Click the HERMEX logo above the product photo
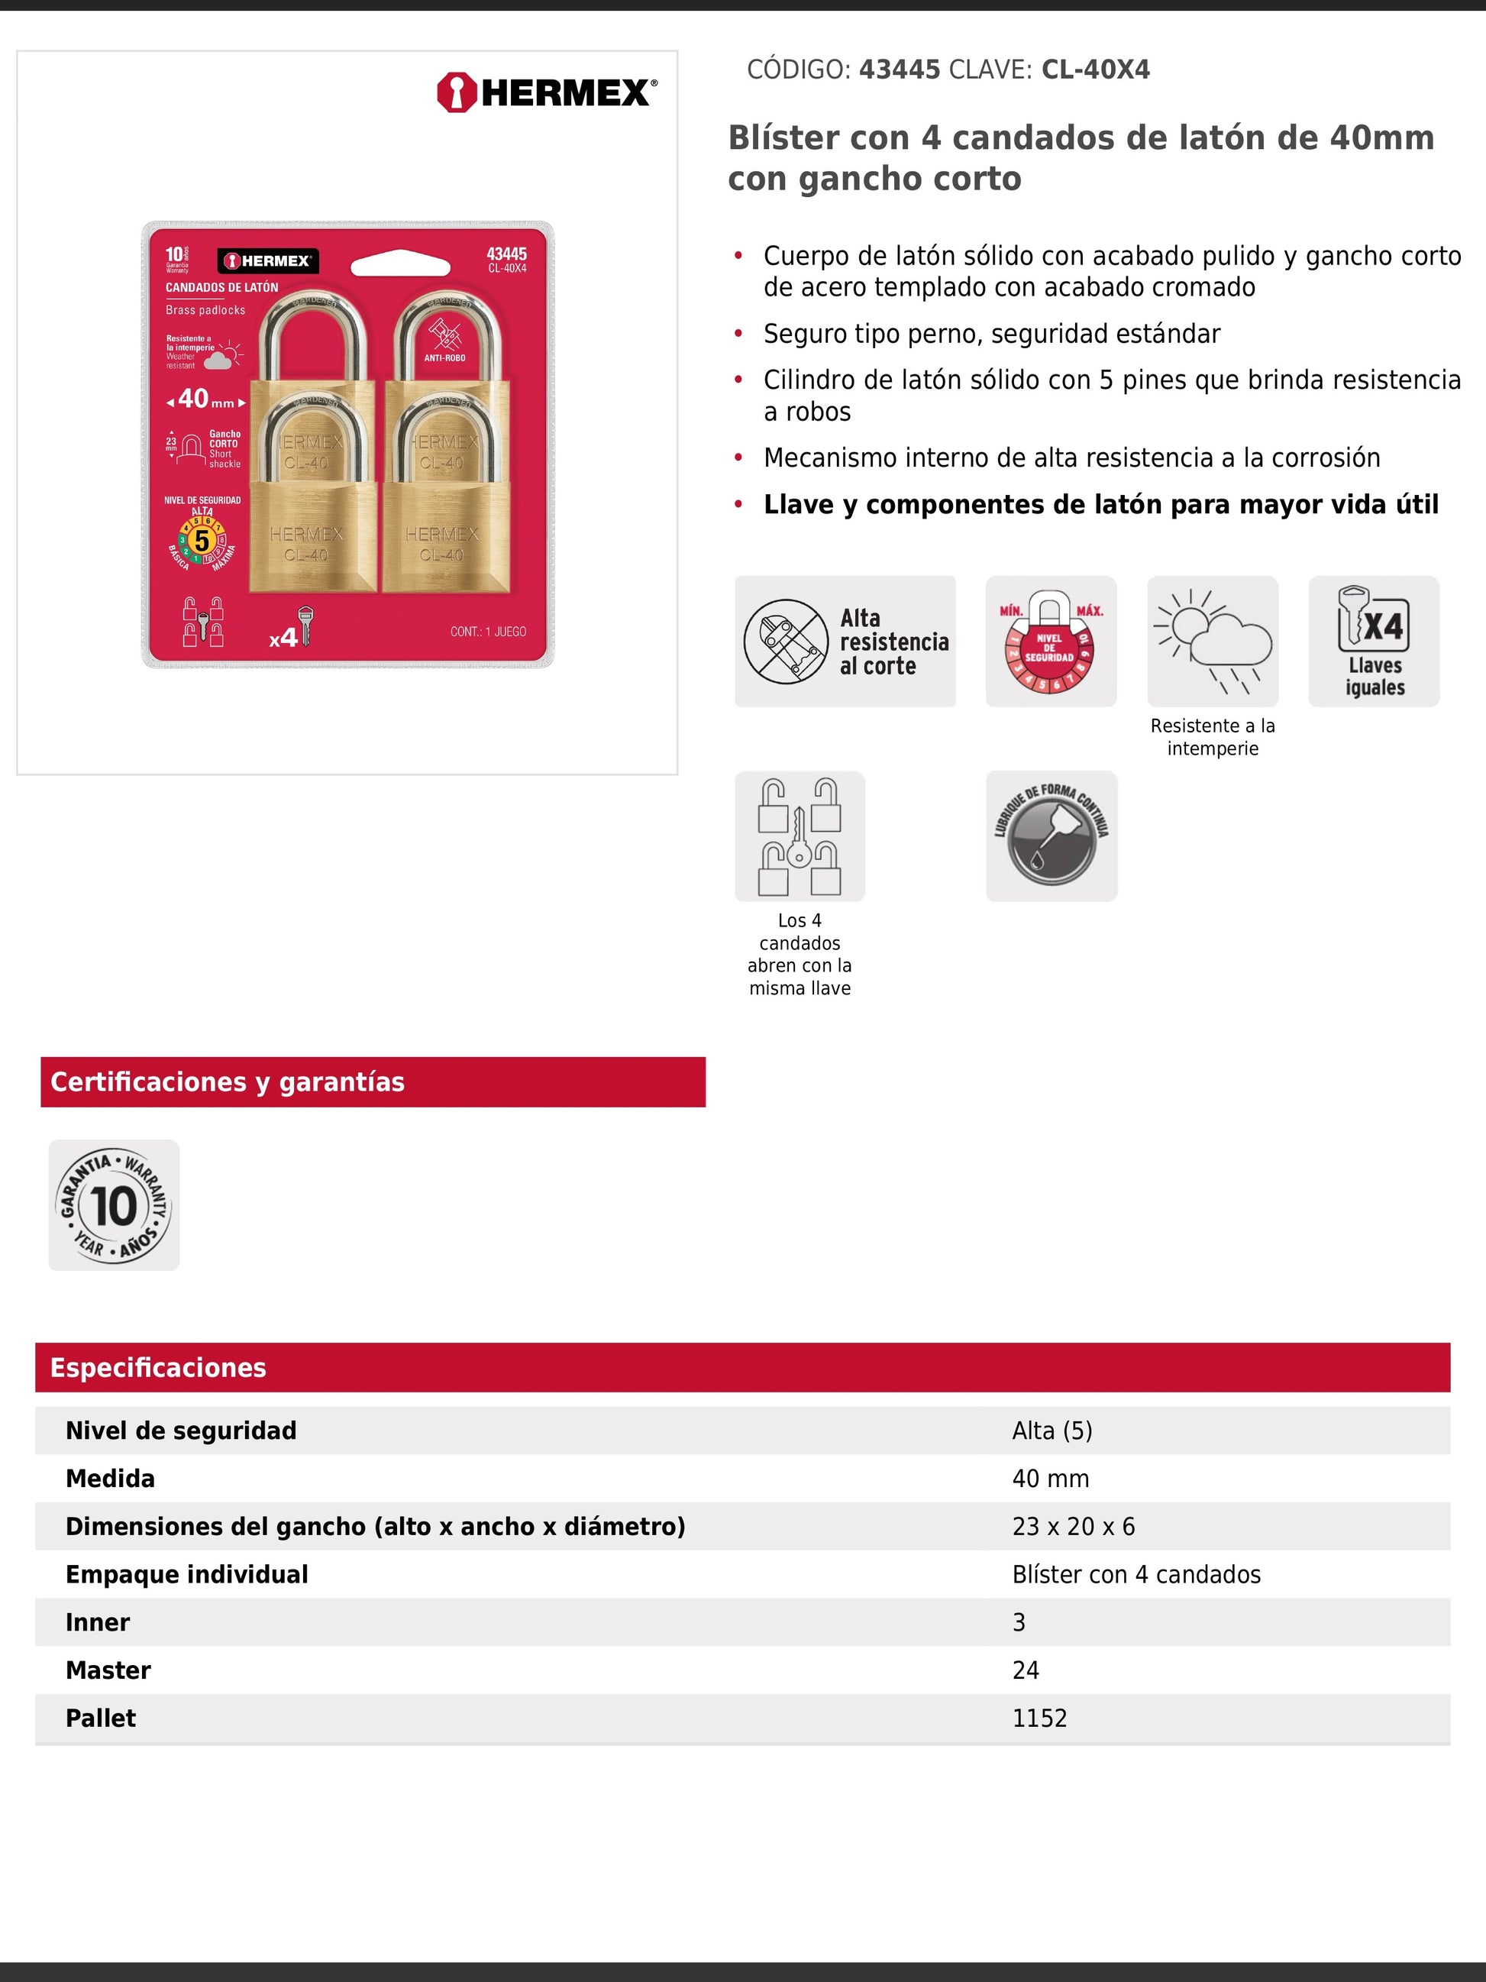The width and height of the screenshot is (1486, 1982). tap(547, 92)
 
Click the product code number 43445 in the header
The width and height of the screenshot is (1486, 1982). tap(900, 70)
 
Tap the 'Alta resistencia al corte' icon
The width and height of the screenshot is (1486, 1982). tap(845, 642)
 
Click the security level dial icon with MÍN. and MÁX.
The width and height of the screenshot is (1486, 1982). tap(1051, 642)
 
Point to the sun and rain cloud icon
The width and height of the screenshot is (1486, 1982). tap(1212, 642)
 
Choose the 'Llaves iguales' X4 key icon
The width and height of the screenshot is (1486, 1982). tap(1373, 642)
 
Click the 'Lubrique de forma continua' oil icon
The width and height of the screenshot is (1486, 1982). tap(1052, 836)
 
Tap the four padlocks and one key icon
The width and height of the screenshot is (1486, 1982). tap(800, 836)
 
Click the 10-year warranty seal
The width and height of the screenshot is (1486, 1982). tap(114, 1205)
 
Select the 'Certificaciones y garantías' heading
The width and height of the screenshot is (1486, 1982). tap(228, 1082)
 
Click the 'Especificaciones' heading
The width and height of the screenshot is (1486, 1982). tap(159, 1368)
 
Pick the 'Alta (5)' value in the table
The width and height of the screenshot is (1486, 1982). tap(1052, 1431)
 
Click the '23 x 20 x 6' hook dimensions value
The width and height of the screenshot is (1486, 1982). tap(1073, 1527)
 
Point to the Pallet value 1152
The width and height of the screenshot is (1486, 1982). tap(1039, 1718)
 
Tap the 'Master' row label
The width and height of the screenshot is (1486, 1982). tap(108, 1670)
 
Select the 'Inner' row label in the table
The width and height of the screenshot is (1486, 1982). tap(98, 1623)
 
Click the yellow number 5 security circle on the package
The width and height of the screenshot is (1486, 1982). tap(202, 540)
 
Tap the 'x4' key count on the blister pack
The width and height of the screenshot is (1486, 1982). tap(285, 637)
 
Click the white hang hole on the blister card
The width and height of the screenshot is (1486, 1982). tap(400, 265)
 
